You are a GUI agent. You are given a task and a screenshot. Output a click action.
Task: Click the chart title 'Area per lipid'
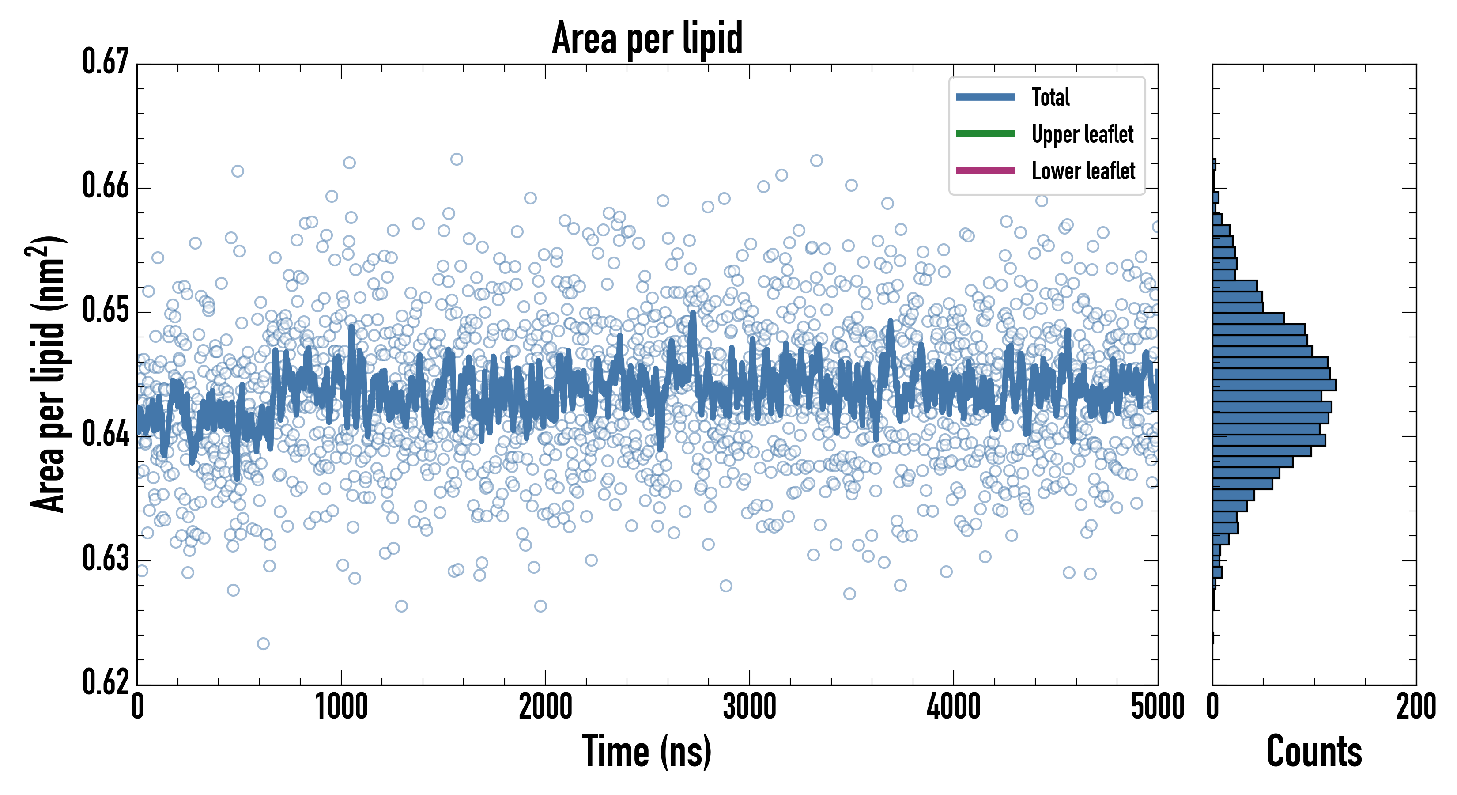point(647,38)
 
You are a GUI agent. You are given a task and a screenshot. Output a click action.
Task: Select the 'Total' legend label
point(1050,97)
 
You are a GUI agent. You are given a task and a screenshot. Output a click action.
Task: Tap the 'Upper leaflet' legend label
point(1082,134)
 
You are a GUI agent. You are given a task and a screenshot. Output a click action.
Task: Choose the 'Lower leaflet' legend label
point(1083,171)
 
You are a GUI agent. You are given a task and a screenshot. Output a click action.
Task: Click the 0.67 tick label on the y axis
point(106,62)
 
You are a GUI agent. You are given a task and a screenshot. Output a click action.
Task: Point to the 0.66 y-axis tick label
point(106,185)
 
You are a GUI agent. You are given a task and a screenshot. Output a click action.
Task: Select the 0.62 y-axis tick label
point(106,682)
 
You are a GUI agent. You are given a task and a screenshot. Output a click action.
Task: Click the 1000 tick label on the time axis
point(341,707)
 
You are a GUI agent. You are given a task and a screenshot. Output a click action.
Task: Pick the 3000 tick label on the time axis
point(749,707)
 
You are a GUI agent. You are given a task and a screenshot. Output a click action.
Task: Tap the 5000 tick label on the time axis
point(1157,707)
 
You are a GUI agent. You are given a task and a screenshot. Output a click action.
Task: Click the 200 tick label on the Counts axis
point(1415,707)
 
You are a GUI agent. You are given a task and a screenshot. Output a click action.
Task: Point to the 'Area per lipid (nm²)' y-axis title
point(48,374)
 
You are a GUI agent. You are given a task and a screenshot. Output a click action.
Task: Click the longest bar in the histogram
point(1274,385)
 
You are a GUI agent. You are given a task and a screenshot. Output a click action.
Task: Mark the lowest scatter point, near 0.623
point(263,644)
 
